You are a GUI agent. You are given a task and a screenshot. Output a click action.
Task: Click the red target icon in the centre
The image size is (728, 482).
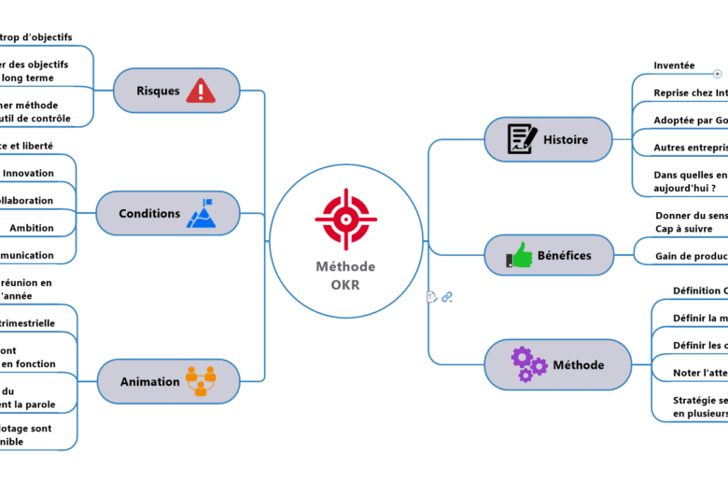pyautogui.click(x=345, y=219)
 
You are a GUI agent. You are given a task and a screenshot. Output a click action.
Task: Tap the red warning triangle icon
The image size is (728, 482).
pyautogui.click(x=200, y=91)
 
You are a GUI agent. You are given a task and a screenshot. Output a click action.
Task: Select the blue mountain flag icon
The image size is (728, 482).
pyautogui.click(x=202, y=214)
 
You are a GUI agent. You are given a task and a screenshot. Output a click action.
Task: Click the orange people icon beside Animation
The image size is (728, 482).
pyautogui.click(x=201, y=381)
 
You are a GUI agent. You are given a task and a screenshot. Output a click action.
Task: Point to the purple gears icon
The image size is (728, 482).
pyautogui.click(x=528, y=363)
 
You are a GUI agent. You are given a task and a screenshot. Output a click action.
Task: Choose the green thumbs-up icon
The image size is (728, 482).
pyautogui.click(x=519, y=255)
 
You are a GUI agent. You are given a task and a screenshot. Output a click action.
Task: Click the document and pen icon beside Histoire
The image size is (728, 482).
pyautogui.click(x=522, y=139)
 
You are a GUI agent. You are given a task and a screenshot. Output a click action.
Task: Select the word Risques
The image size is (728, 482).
pyautogui.click(x=158, y=91)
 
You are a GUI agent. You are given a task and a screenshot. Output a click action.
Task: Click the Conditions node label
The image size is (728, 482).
pyautogui.click(x=149, y=214)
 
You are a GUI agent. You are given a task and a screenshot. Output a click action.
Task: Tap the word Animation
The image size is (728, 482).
pyautogui.click(x=150, y=381)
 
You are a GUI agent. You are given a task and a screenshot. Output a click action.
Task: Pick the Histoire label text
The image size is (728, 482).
pyautogui.click(x=566, y=140)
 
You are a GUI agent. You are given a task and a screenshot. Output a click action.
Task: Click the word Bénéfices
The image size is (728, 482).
pyautogui.click(x=564, y=255)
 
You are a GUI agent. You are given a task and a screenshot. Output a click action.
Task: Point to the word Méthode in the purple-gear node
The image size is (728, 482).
pyautogui.click(x=579, y=364)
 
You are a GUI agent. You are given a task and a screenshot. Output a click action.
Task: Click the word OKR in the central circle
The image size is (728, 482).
pyautogui.click(x=345, y=285)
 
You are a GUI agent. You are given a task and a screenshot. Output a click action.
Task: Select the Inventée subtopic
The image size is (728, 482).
pyautogui.click(x=674, y=65)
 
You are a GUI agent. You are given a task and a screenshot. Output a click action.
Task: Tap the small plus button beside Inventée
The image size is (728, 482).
pyautogui.click(x=717, y=73)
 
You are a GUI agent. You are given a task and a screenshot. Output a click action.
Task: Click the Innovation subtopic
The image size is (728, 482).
pyautogui.click(x=28, y=173)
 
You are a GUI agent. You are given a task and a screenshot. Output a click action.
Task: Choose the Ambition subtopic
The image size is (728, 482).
pyautogui.click(x=32, y=228)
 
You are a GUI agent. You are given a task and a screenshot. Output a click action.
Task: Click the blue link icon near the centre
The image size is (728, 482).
pyautogui.click(x=447, y=297)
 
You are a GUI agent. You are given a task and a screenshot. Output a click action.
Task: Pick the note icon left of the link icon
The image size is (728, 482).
pyautogui.click(x=431, y=297)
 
